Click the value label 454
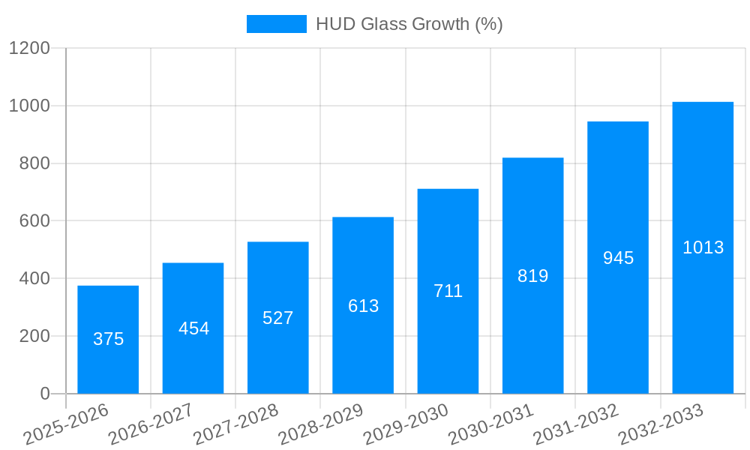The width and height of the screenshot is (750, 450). pyautogui.click(x=193, y=328)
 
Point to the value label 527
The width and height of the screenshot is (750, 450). pyautogui.click(x=278, y=318)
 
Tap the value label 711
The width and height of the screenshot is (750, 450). pyautogui.click(x=448, y=291)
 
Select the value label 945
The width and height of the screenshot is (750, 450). pyautogui.click(x=618, y=258)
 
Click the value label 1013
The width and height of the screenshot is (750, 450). pyautogui.click(x=703, y=247)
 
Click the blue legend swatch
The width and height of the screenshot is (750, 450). pyautogui.click(x=276, y=24)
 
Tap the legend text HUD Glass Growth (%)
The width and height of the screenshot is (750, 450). pyautogui.click(x=409, y=24)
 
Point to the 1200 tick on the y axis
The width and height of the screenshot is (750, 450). pyautogui.click(x=29, y=48)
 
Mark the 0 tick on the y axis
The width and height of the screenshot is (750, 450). pyautogui.click(x=44, y=394)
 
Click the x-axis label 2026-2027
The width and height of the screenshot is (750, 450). pyautogui.click(x=151, y=424)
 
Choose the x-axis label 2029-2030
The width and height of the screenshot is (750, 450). pyautogui.click(x=406, y=424)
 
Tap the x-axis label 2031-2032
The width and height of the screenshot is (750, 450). pyautogui.click(x=576, y=424)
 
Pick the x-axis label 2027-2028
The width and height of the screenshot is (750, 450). pyautogui.click(x=235, y=424)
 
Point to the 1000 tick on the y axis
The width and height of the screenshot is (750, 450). pyautogui.click(x=29, y=106)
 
